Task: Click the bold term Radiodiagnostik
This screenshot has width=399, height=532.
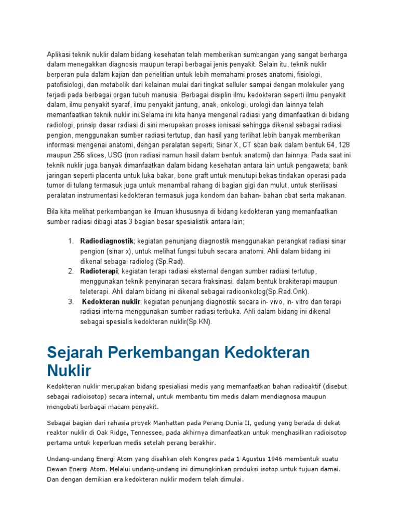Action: [107, 241]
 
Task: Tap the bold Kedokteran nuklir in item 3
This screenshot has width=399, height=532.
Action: [111, 301]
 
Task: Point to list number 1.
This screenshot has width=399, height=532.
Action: [71, 241]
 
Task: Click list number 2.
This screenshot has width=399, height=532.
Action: [71, 271]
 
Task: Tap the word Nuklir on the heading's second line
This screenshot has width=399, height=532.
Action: [69, 371]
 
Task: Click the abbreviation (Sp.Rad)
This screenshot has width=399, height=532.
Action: [168, 261]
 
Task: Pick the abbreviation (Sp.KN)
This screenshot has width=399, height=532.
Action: [198, 322]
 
